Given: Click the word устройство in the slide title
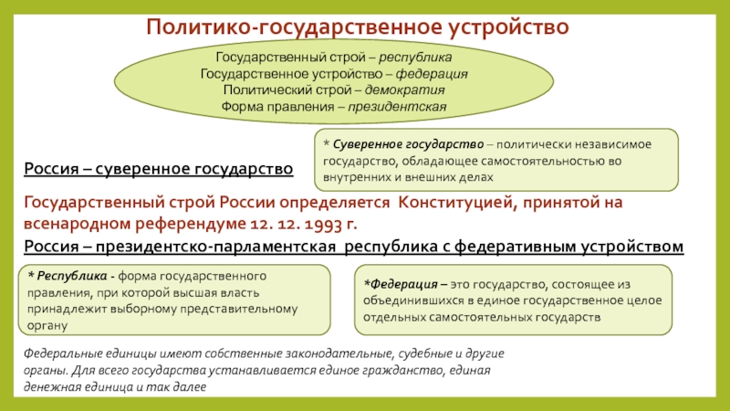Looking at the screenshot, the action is [x=508, y=27].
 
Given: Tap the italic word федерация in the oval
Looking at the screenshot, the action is [x=432, y=74].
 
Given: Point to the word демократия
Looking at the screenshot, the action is [x=404, y=90].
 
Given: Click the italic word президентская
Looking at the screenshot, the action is [x=397, y=107].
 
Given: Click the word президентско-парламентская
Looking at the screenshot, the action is [x=215, y=246].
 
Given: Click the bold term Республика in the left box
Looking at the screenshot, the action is [x=72, y=276].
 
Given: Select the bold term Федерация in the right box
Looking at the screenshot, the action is [x=403, y=284].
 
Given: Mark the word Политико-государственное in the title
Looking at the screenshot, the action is [x=295, y=27].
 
